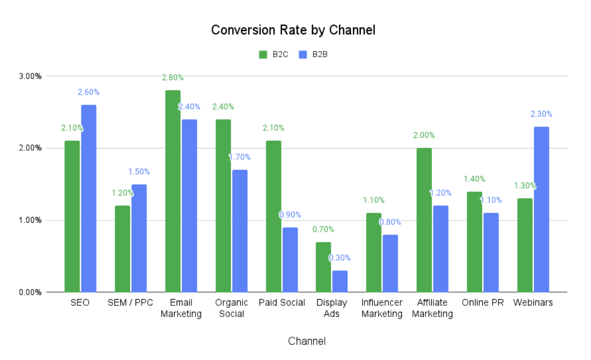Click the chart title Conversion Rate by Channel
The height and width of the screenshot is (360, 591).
(x=293, y=30)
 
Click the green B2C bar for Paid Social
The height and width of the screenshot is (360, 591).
(x=273, y=216)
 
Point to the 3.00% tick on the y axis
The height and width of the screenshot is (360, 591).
(x=31, y=76)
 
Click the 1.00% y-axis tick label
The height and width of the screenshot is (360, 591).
(x=31, y=220)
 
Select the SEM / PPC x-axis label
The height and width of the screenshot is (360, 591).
(x=130, y=303)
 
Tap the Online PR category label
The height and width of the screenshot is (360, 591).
(x=483, y=303)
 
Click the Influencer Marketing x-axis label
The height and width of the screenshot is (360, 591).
(x=382, y=308)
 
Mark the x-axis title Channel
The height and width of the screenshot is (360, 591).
(x=307, y=341)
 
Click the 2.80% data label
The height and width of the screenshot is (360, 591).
(x=173, y=77)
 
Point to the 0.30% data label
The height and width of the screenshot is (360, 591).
(x=340, y=258)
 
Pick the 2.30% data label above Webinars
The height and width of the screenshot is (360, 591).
(x=541, y=114)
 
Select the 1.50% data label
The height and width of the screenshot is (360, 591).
(x=139, y=172)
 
